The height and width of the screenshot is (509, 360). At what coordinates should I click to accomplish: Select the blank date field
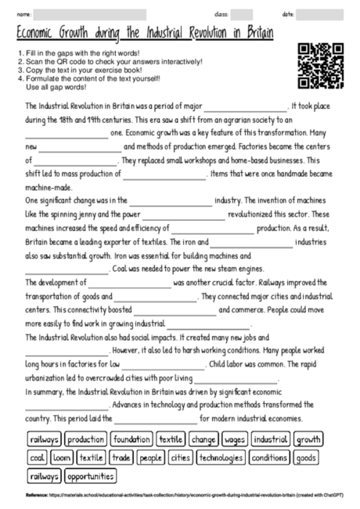click(320, 14)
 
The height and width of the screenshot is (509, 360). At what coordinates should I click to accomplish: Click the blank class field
click(241, 14)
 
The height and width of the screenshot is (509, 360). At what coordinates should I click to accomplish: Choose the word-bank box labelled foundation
click(131, 440)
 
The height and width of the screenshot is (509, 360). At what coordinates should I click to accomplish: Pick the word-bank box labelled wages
click(235, 440)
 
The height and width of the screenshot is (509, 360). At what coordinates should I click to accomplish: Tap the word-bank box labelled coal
click(38, 457)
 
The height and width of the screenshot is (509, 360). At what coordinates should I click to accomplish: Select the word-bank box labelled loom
click(63, 457)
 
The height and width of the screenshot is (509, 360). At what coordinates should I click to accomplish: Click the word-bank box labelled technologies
click(221, 457)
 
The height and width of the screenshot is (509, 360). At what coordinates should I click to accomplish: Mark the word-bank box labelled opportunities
click(91, 475)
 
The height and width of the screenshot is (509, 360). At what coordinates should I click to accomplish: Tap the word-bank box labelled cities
click(180, 457)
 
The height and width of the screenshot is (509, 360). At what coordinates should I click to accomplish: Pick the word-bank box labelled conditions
click(270, 457)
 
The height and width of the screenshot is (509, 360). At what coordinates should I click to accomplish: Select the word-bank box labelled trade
click(121, 457)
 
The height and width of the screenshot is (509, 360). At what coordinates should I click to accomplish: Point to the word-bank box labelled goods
click(307, 457)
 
